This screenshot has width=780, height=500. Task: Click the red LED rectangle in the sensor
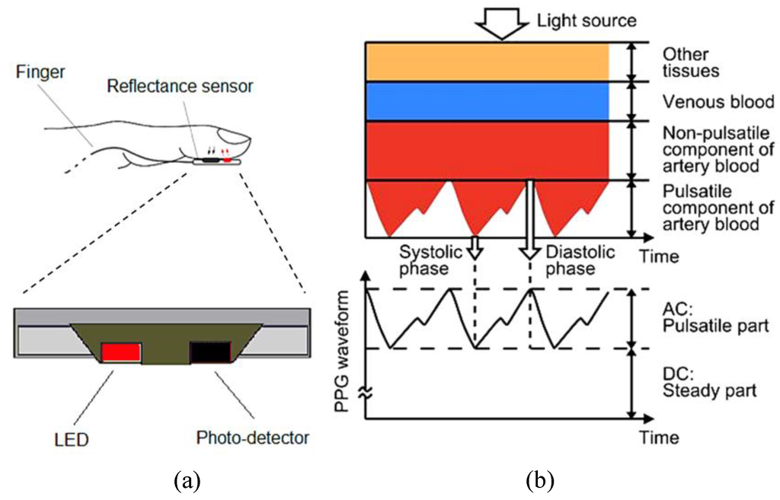[121, 352]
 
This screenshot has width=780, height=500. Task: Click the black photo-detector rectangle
[209, 352]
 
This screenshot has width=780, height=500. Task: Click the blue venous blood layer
[487, 101]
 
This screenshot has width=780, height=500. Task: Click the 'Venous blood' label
[708, 101]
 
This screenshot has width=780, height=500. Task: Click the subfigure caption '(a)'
[188, 481]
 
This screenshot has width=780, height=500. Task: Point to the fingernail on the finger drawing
[238, 139]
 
